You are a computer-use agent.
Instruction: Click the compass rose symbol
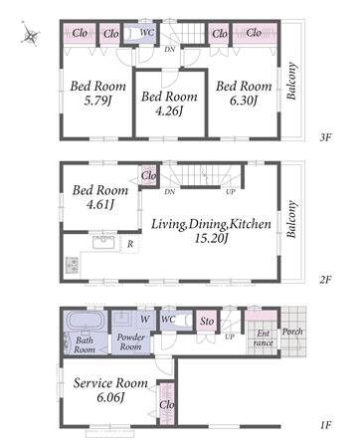[30, 34]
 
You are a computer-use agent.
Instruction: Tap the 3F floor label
[325, 137]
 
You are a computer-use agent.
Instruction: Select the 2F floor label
[325, 280]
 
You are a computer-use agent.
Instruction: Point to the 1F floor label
[325, 425]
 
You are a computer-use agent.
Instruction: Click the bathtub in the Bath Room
[85, 321]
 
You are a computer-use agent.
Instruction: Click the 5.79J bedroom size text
[97, 100]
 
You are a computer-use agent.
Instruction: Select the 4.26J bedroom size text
[169, 111]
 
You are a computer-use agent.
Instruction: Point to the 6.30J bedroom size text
[244, 100]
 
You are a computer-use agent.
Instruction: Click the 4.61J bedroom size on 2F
[100, 204]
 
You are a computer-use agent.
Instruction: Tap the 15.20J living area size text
[211, 238]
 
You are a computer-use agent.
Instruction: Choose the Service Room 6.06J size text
[110, 397]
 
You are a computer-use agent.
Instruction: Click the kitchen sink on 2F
[103, 242]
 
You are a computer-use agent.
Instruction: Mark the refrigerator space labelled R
[130, 244]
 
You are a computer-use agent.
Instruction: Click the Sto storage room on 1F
[207, 321]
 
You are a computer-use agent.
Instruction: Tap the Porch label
[292, 332]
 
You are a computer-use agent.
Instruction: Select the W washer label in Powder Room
[144, 320]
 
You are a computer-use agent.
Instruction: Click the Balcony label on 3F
[291, 81]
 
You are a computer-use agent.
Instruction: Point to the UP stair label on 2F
[231, 192]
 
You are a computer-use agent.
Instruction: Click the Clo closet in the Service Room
[167, 404]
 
